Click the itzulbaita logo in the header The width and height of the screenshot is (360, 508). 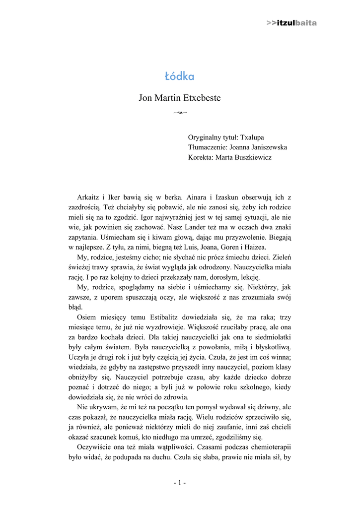point(291,23)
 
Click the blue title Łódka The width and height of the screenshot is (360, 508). point(179,76)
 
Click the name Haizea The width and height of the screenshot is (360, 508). point(256,247)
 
